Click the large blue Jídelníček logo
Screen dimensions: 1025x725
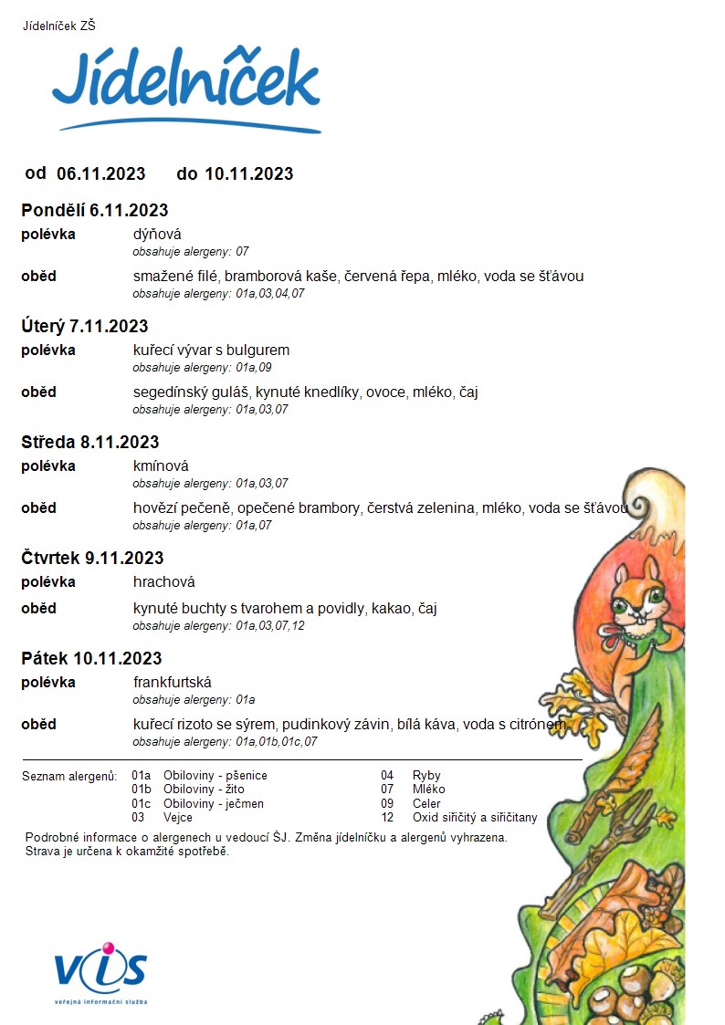(x=186, y=85)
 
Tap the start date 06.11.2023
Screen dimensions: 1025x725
(x=100, y=173)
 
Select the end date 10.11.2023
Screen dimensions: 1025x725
(x=248, y=173)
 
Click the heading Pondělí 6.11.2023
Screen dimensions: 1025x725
(x=95, y=211)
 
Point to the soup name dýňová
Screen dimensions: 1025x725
(x=157, y=235)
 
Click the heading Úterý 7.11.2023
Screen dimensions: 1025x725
(x=85, y=327)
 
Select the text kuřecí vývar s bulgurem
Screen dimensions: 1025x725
(x=211, y=350)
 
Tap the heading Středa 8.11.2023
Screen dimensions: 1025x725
(x=90, y=443)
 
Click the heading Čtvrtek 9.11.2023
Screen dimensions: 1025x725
(x=92, y=559)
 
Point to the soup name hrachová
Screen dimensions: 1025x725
(x=164, y=582)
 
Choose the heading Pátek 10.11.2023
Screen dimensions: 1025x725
(x=91, y=659)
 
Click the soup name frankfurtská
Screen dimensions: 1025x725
(x=173, y=683)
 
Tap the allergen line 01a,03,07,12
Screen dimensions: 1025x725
(x=218, y=626)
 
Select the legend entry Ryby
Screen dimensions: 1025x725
(x=426, y=776)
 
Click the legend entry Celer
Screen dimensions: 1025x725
(x=426, y=804)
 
